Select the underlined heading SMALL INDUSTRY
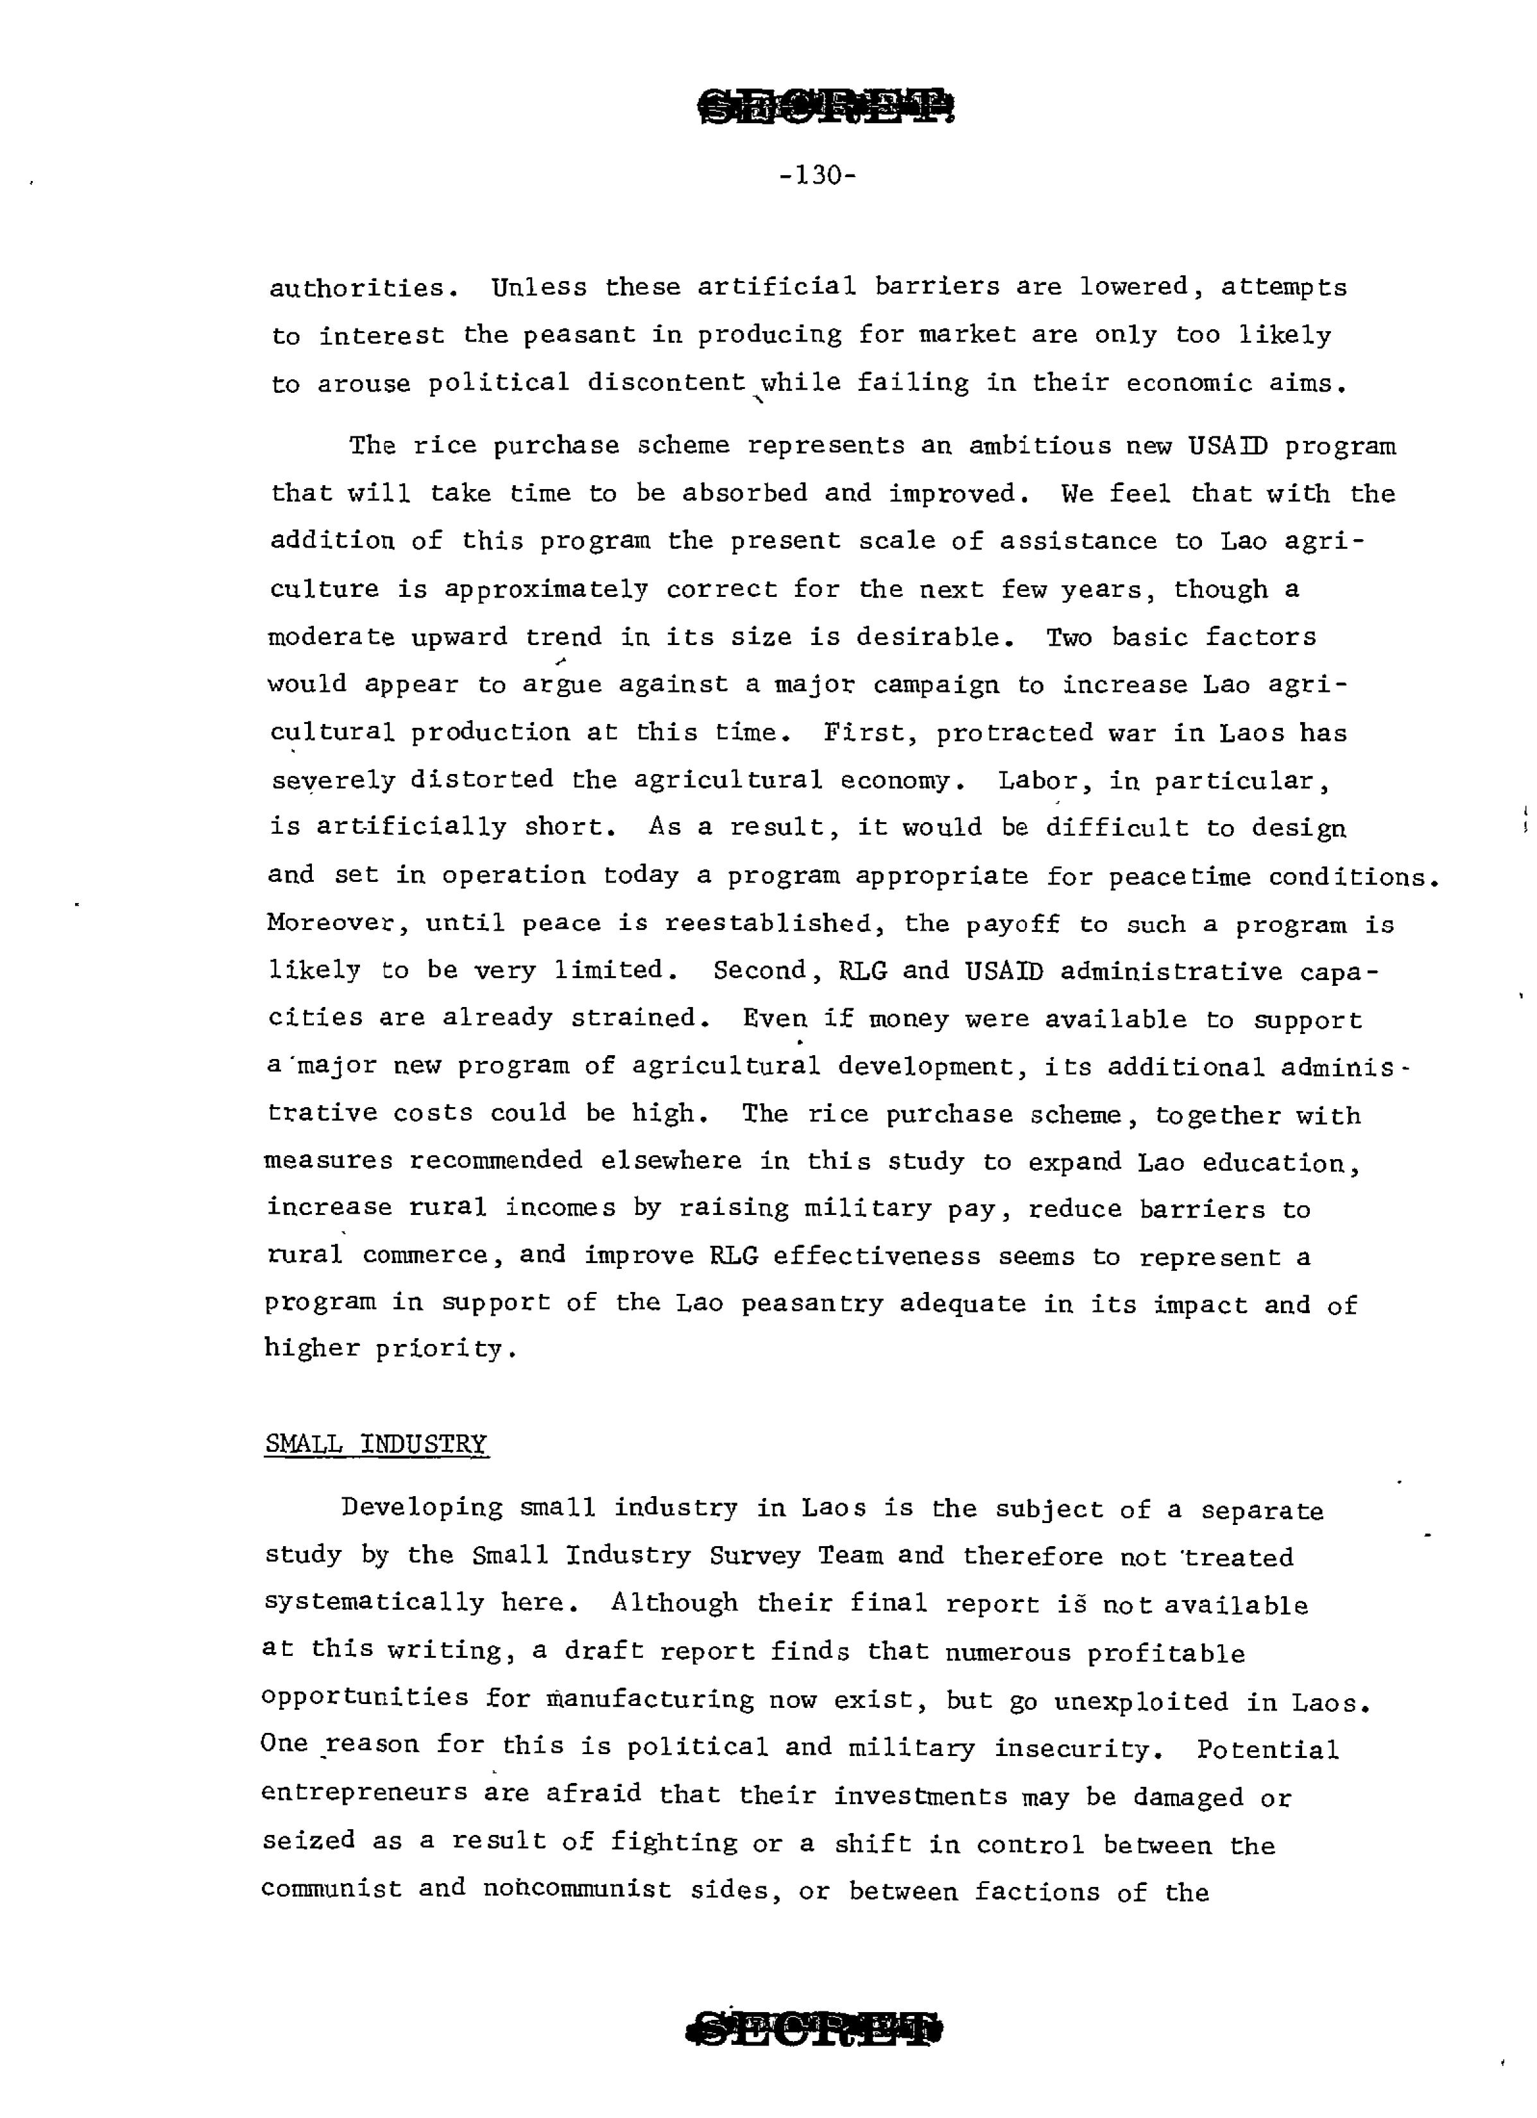click(x=376, y=1443)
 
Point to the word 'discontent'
click(x=667, y=383)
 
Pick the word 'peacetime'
click(x=1163, y=876)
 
